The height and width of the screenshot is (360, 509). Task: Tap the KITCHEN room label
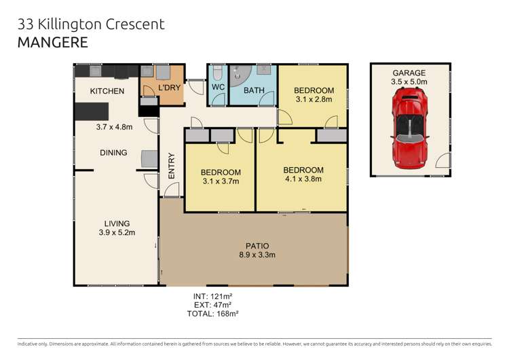pos(108,91)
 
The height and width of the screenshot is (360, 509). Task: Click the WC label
pos(218,88)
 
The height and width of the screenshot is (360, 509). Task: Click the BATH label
pos(254,90)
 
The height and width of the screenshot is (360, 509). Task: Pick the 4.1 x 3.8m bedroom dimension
pos(303,179)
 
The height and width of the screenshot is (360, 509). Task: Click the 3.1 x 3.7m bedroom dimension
pos(221,181)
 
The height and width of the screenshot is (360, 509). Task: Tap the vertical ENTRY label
pos(171,166)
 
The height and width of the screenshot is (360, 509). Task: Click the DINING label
pos(113,153)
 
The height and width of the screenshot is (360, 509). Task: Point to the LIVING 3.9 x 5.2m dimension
pos(117,232)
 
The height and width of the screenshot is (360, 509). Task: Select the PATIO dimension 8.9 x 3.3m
pos(257,255)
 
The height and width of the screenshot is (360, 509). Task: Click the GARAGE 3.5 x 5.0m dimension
pos(409,82)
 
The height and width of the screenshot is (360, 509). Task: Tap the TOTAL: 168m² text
pos(212,314)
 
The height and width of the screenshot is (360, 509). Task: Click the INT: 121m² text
pos(212,297)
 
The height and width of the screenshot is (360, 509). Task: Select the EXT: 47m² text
pos(212,306)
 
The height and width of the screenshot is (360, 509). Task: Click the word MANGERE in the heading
pos(52,42)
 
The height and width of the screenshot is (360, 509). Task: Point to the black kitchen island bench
pos(91,111)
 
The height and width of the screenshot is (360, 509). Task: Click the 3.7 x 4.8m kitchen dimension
pos(113,126)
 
